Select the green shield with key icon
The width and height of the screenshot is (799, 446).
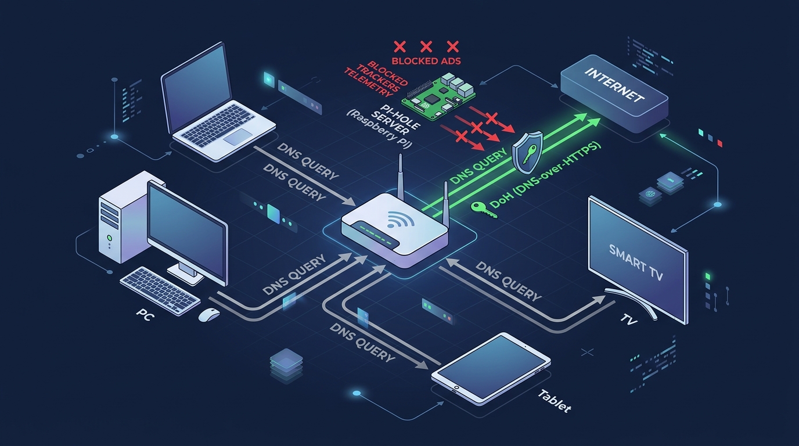pos(528,152)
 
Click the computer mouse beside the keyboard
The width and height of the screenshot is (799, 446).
pos(209,315)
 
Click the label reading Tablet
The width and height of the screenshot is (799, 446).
pos(555,401)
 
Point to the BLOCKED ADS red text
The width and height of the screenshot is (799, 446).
pos(425,60)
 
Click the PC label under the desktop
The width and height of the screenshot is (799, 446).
pos(143,313)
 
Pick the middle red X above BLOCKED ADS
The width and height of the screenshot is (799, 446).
pos(426,46)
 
